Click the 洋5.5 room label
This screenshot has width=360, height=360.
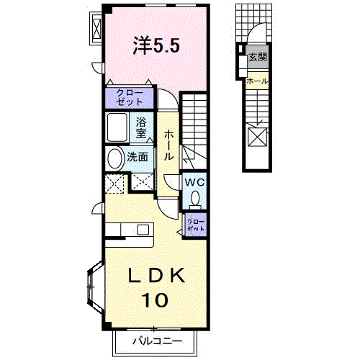coord(156,45)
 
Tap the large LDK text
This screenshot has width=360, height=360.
coord(157,276)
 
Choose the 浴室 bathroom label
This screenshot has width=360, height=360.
coord(142,127)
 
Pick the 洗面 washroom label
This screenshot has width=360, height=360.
coord(138,156)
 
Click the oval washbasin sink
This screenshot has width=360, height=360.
coord(115,158)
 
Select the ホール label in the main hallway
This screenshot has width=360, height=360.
coord(168,145)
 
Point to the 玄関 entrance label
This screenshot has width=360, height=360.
coord(257,57)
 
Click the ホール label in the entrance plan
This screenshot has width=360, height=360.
coord(257,81)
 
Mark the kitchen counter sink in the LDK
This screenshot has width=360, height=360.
coord(143,230)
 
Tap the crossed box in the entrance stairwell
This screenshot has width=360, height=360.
coord(257,136)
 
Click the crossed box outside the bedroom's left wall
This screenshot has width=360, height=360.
coord(96,27)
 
